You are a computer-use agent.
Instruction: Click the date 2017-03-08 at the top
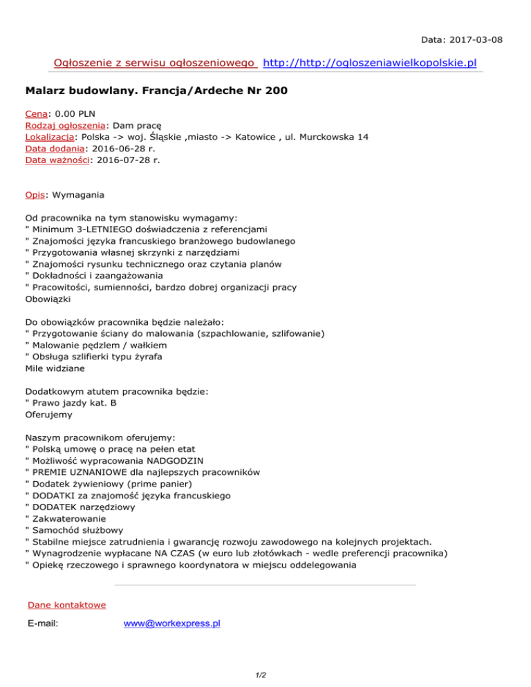476,40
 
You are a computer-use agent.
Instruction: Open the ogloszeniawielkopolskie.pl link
371,63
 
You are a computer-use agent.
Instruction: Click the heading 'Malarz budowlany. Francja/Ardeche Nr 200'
156,91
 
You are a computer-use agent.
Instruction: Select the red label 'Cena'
35,112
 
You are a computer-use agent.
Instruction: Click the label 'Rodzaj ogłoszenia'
64,124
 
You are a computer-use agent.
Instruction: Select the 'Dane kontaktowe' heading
66,605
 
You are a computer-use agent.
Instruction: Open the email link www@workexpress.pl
171,623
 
